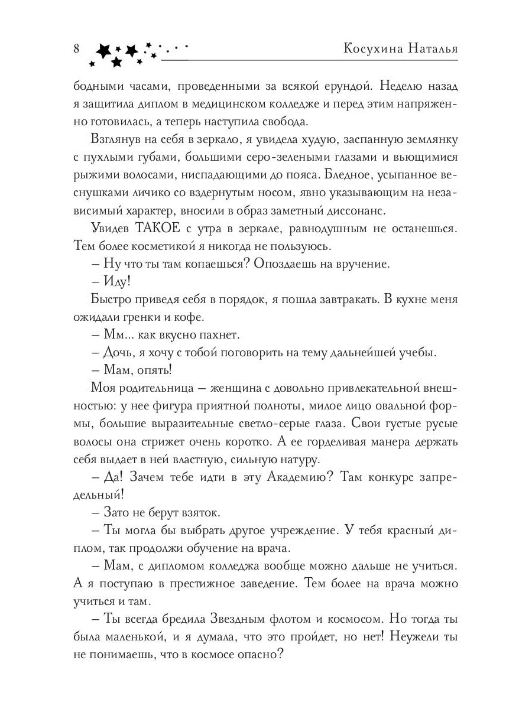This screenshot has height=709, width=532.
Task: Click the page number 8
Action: tap(77, 49)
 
